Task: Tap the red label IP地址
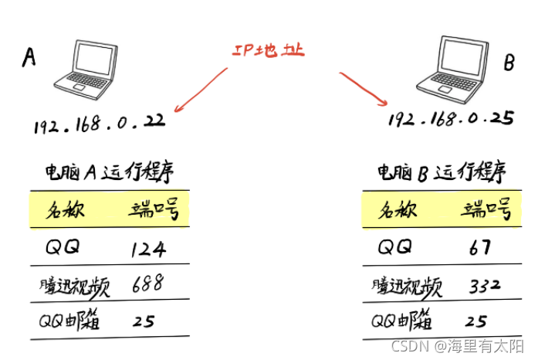point(269,50)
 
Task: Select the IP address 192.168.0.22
point(99,124)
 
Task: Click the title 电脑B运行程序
point(441,172)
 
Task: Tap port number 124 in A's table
point(148,248)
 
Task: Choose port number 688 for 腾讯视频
point(147,284)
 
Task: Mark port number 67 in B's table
point(480,248)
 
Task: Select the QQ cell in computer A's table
point(63,247)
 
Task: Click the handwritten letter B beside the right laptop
point(509,64)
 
